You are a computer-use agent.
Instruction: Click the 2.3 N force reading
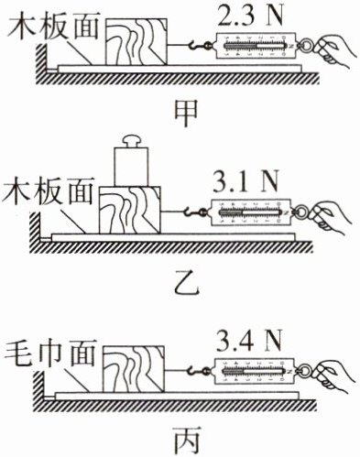pos(251,16)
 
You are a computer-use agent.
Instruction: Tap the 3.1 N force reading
pos(245,182)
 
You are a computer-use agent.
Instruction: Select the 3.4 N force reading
pos(248,341)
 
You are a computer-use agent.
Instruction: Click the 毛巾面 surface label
pos(51,354)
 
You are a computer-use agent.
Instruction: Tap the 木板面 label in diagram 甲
pos(54,26)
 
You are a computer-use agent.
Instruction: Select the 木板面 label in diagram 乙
pos(48,190)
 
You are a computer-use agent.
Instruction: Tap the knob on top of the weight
pos(131,141)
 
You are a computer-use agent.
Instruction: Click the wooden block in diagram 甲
pos(136,42)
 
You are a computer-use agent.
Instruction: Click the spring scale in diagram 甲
pos(256,46)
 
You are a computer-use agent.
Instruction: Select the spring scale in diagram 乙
pos(250,212)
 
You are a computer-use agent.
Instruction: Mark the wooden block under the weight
pos(130,211)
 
